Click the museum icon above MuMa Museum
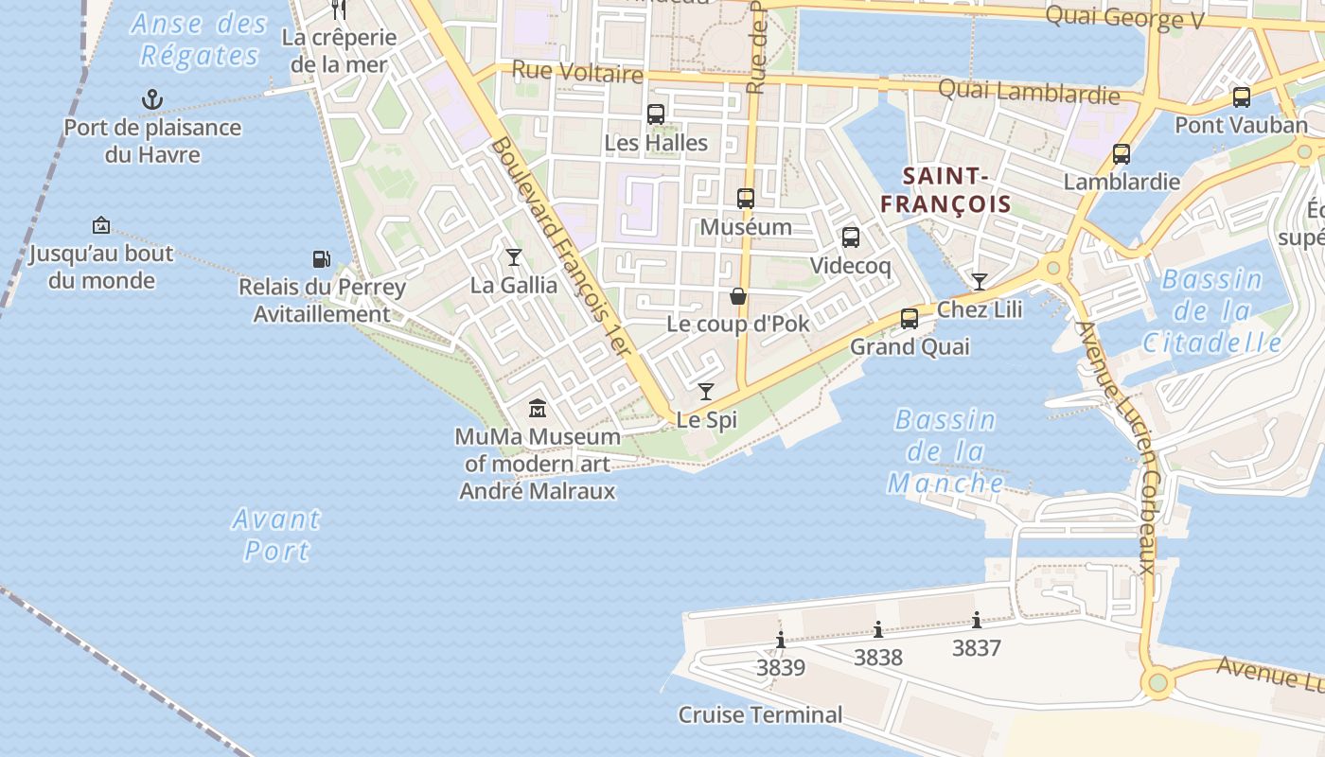click(x=538, y=409)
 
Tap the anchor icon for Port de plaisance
click(x=151, y=98)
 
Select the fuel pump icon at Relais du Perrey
click(x=321, y=258)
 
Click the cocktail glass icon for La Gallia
click(x=514, y=256)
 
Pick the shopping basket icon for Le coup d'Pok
click(x=738, y=296)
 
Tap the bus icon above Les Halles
click(x=655, y=114)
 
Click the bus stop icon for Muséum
click(x=746, y=199)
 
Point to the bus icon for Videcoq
click(x=850, y=238)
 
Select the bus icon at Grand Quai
click(x=910, y=319)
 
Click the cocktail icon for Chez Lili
click(x=980, y=281)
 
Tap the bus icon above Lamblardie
click(x=1122, y=153)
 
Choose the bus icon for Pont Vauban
click(x=1241, y=97)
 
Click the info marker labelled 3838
click(x=878, y=629)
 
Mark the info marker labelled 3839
click(x=781, y=640)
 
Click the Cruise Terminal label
click(x=760, y=714)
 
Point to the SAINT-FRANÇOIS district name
click(x=945, y=189)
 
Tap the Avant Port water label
click(x=277, y=535)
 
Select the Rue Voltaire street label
click(x=576, y=71)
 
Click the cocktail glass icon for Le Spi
click(x=706, y=391)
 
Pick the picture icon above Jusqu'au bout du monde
click(x=101, y=225)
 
